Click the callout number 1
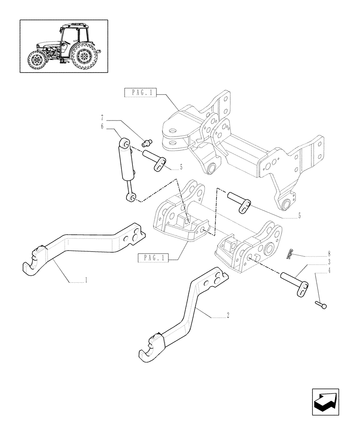pyautogui.click(x=86, y=281)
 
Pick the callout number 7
pyautogui.click(x=102, y=118)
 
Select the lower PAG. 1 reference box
pyautogui.click(x=153, y=258)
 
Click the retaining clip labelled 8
pyautogui.click(x=290, y=254)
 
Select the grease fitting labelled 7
pyautogui.click(x=147, y=141)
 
